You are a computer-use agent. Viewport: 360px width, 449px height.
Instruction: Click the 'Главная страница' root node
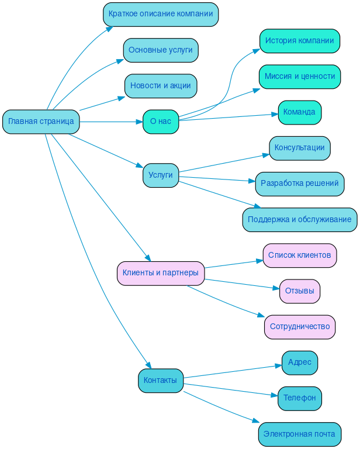(x=41, y=122)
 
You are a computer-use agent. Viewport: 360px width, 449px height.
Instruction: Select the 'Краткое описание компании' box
(x=161, y=15)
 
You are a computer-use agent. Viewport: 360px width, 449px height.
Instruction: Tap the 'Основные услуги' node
(x=161, y=50)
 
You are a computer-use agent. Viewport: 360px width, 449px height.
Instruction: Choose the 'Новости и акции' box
(x=161, y=86)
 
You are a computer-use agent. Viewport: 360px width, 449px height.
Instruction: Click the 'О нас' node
(x=161, y=122)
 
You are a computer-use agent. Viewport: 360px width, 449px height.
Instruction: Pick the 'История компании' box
(x=300, y=41)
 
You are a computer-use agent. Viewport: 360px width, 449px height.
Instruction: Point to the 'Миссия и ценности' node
(x=300, y=77)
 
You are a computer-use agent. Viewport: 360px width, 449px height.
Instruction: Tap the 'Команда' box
(x=300, y=112)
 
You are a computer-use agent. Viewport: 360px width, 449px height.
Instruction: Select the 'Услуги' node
(x=161, y=175)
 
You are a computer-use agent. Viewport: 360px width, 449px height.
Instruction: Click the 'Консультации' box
(x=300, y=148)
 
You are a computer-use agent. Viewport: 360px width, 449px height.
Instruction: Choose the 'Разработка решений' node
(x=300, y=184)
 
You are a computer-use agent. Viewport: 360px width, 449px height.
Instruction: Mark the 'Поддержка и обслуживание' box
(x=300, y=220)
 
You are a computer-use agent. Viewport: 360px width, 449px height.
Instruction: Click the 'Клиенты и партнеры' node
(x=161, y=273)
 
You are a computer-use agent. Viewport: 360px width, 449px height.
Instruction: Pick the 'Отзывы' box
(x=300, y=291)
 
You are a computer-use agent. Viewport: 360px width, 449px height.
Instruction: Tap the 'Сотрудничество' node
(x=300, y=327)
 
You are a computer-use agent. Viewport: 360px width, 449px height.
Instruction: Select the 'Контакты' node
(x=161, y=381)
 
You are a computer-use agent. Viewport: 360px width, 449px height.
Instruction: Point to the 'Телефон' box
(x=300, y=398)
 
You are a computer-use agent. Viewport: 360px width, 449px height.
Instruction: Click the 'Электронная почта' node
(x=300, y=434)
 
